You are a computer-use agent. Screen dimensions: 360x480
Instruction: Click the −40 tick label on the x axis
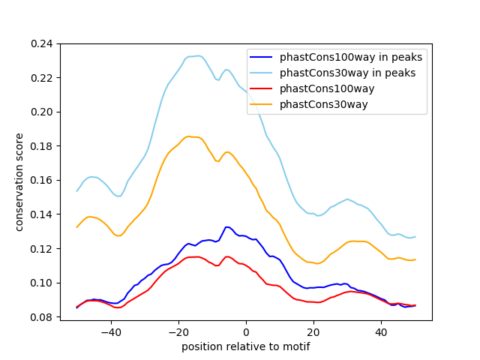[110, 331]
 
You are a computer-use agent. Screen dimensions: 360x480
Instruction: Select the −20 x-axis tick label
[178, 331]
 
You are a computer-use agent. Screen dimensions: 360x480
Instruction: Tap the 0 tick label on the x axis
[246, 331]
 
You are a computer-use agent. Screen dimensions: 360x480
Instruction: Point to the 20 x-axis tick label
[313, 331]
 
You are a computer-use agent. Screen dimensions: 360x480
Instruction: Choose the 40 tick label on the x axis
[381, 331]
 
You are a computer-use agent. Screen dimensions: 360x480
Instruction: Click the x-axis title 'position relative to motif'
[245, 346]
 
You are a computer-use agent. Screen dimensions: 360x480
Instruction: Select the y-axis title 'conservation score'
[20, 182]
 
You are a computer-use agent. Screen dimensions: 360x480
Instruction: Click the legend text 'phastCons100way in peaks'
[351, 57]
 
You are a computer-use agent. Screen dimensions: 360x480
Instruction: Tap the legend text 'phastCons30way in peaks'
[348, 73]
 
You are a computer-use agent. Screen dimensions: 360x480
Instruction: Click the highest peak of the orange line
[189, 136]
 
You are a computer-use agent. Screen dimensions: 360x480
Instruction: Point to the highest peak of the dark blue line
[226, 226]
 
